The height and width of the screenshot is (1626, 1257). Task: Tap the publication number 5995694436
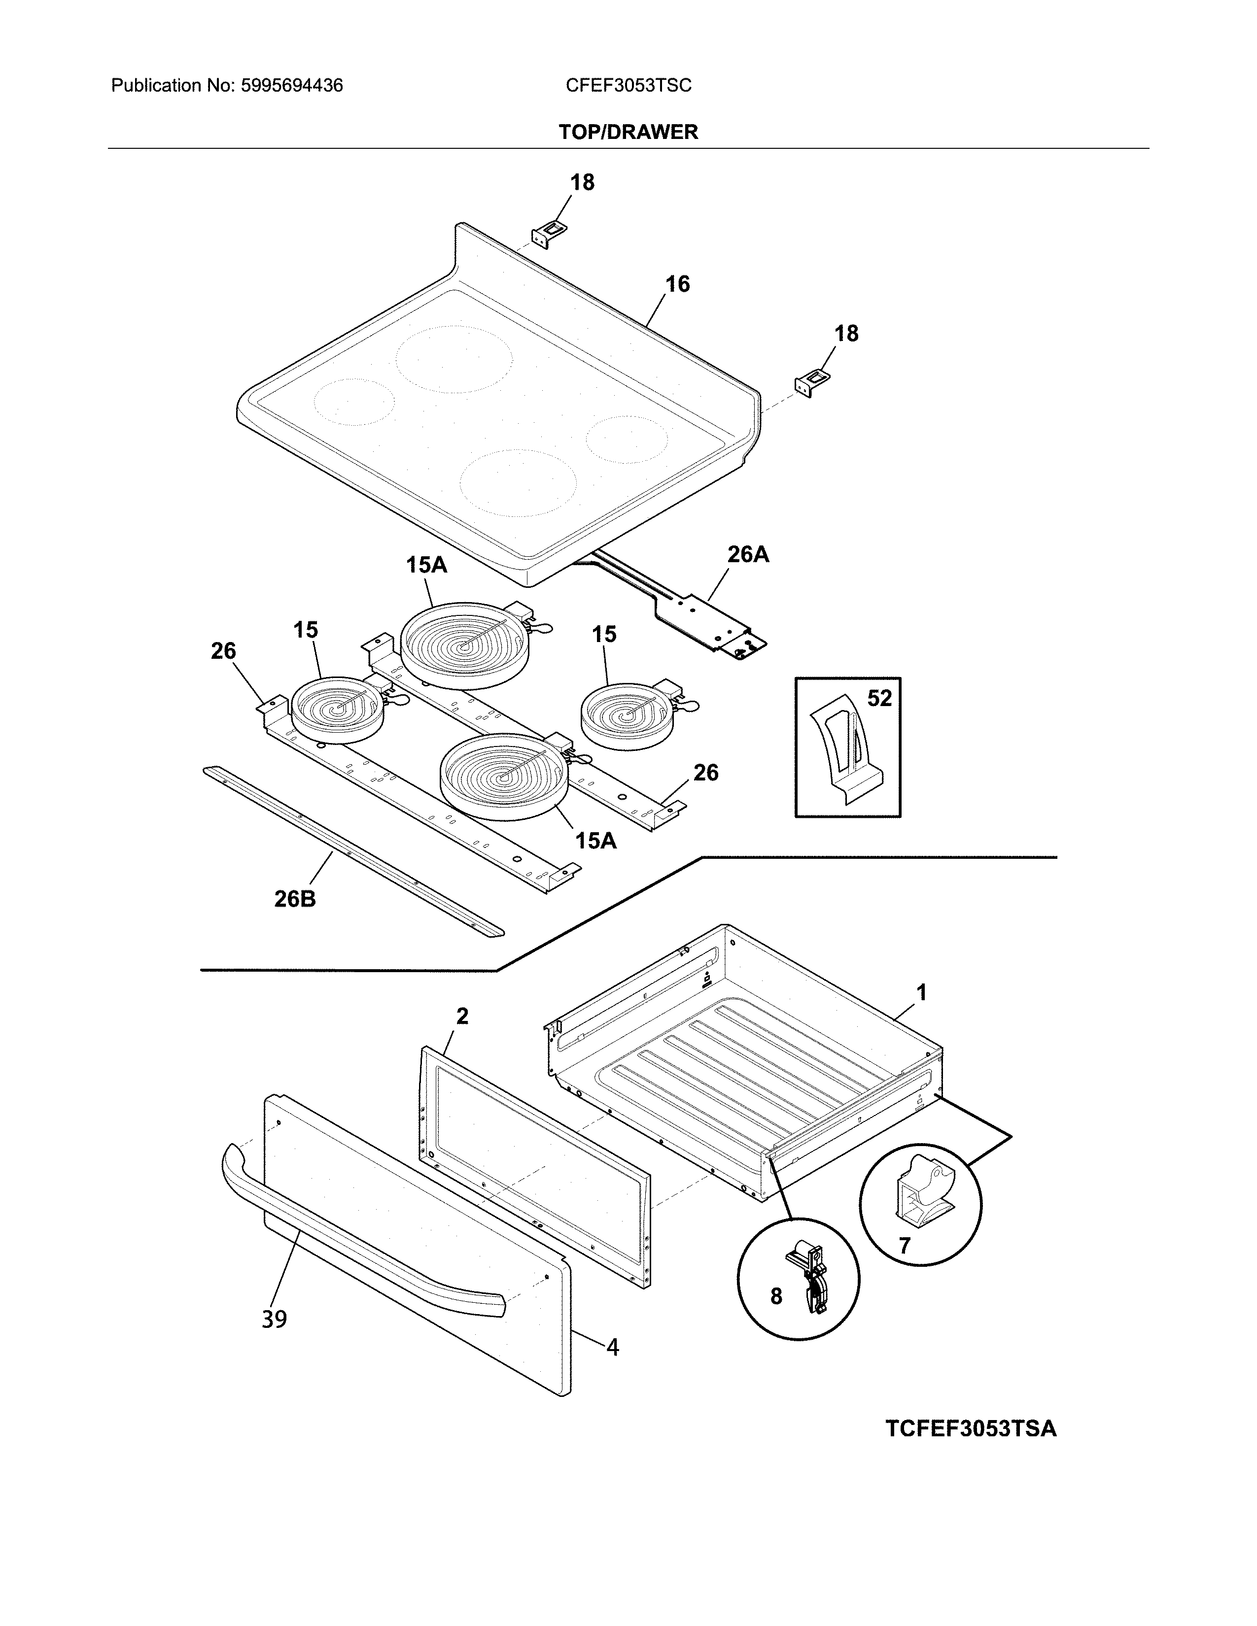coord(291,86)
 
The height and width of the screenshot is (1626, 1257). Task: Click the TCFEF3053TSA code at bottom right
coord(970,1429)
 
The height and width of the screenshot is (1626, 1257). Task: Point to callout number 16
coord(677,284)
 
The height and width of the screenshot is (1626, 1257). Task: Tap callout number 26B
coord(295,899)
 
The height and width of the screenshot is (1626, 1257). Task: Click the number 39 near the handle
coord(274,1319)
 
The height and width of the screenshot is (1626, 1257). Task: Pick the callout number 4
coord(612,1348)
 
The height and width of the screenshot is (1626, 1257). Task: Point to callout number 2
coord(462,1016)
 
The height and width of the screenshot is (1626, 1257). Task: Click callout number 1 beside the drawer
coord(921,992)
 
